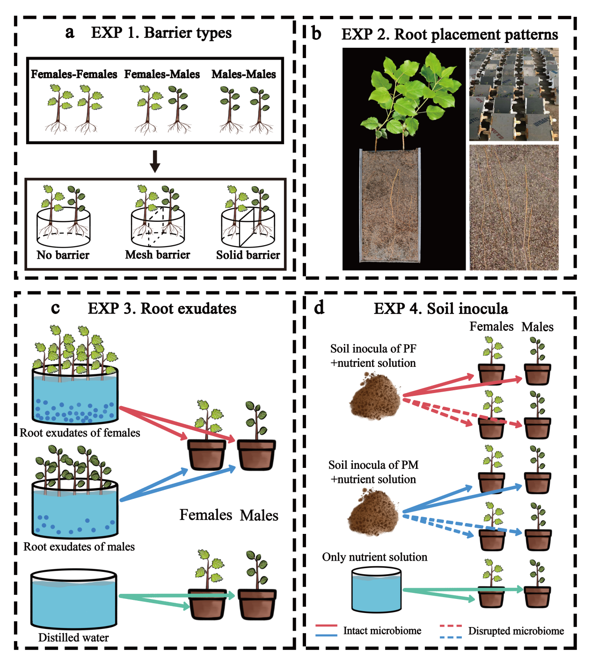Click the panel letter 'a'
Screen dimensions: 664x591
click(x=70, y=32)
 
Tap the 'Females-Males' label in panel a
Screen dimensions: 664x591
click(x=162, y=74)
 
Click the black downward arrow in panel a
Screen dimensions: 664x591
click(x=155, y=161)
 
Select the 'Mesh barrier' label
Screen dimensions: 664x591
click(x=158, y=255)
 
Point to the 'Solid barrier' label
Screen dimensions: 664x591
click(x=248, y=255)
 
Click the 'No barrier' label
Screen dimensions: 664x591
click(x=63, y=255)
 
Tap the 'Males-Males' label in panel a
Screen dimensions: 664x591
click(x=243, y=74)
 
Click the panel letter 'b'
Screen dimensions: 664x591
click(x=316, y=34)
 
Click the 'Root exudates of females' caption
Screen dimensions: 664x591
click(x=80, y=433)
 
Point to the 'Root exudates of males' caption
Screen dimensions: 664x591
click(x=79, y=547)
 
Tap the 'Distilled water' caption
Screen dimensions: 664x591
click(x=73, y=637)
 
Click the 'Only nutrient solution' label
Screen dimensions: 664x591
click(x=374, y=557)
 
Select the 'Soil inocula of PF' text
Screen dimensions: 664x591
click(x=373, y=349)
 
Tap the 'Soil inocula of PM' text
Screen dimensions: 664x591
click(x=373, y=465)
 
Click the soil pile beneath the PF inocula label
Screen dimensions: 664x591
click(x=376, y=395)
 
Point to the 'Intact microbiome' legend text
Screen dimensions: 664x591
click(x=382, y=631)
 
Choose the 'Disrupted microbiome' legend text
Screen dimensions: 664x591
click(x=516, y=631)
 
